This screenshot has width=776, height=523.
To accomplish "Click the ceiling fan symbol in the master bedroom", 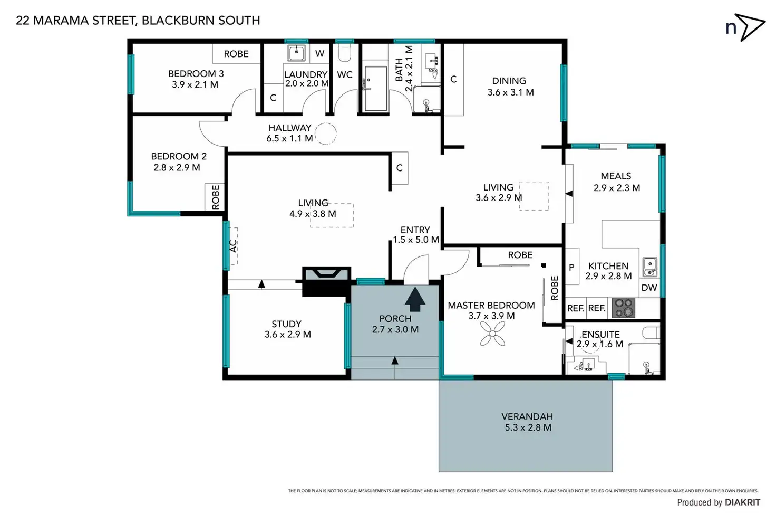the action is click(x=492, y=334).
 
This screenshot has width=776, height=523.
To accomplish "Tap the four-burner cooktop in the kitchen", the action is click(x=624, y=308).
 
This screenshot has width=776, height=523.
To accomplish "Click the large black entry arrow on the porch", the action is click(x=415, y=299).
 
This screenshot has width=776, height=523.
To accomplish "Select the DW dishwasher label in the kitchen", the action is click(x=649, y=288).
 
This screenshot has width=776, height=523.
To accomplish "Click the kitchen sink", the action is click(x=650, y=267).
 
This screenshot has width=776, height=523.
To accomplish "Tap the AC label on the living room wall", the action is click(x=233, y=246).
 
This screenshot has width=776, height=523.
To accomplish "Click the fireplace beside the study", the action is click(x=326, y=281).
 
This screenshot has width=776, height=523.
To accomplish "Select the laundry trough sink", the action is click(x=296, y=53).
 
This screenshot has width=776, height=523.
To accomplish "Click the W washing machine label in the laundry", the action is click(x=320, y=53).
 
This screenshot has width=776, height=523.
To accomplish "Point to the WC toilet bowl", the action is click(x=345, y=53).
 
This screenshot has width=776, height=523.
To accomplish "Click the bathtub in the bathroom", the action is click(x=375, y=89).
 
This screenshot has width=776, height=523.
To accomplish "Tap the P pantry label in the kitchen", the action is click(x=571, y=267).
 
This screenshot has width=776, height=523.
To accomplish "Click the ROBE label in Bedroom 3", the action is click(x=236, y=54).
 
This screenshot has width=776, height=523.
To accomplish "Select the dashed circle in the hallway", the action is click(x=325, y=134).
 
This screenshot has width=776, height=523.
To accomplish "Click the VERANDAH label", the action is click(x=527, y=416).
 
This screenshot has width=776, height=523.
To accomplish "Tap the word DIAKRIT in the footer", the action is click(x=743, y=502).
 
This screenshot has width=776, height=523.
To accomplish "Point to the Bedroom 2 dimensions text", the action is click(x=177, y=167).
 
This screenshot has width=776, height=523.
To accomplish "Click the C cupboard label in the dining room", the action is click(x=453, y=79).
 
